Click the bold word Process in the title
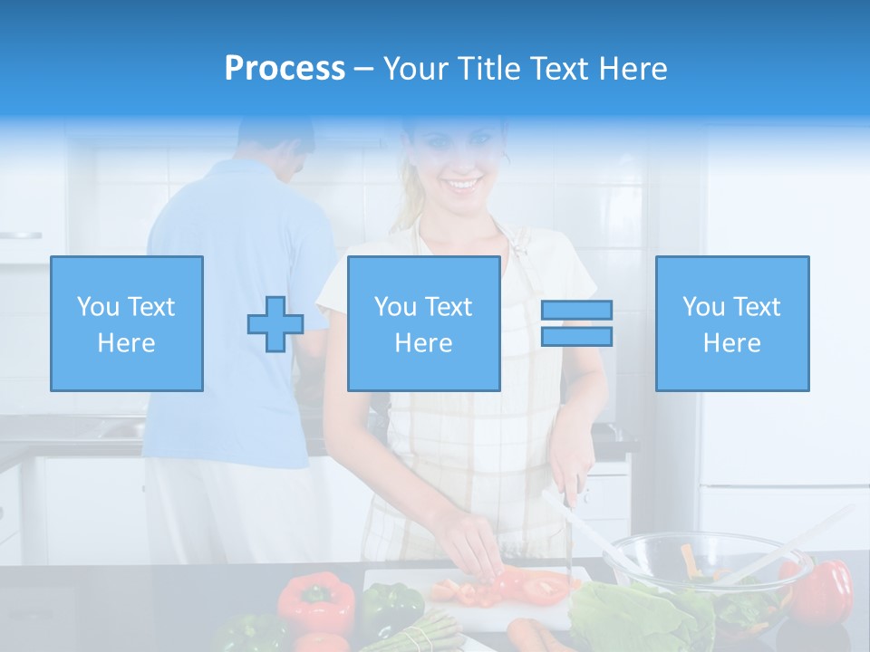pos(285,69)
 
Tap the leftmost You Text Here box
pos(127,323)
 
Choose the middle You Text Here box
pos(424,323)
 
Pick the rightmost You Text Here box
pos(732,323)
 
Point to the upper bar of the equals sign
pos(576,311)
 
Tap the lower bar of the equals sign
pos(576,337)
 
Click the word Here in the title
pos(633,69)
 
